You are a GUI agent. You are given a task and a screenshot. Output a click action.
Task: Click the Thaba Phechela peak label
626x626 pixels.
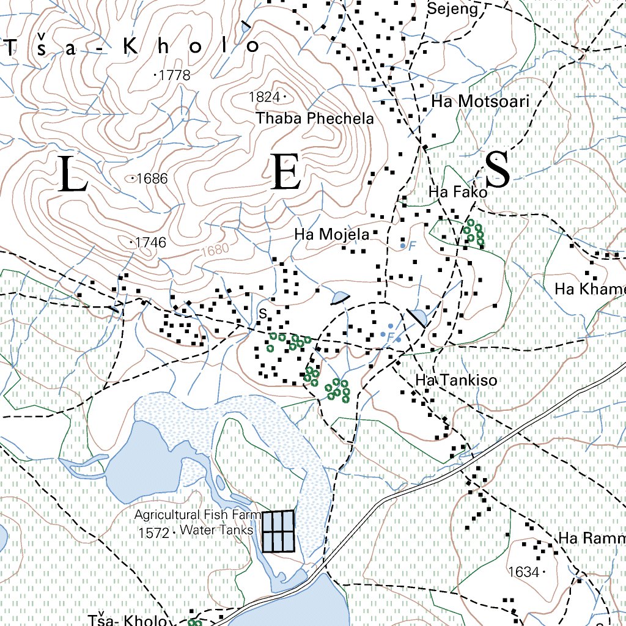tap(315, 118)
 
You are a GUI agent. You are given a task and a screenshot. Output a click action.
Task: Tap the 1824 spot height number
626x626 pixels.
tap(264, 97)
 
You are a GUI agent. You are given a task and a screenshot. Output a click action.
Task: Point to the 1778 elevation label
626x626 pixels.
tap(174, 76)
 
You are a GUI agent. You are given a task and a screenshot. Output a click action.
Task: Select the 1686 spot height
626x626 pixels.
tap(153, 179)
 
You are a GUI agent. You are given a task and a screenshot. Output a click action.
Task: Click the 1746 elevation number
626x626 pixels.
tap(151, 243)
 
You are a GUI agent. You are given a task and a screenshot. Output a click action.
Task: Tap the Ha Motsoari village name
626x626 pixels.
tap(480, 101)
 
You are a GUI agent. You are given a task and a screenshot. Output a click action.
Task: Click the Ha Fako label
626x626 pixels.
tap(458, 193)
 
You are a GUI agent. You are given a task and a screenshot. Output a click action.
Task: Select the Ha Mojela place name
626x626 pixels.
tap(331, 234)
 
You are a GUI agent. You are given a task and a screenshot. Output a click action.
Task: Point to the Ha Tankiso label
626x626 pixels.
tap(456, 380)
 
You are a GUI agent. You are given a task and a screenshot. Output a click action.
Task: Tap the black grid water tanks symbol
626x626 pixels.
tap(278, 531)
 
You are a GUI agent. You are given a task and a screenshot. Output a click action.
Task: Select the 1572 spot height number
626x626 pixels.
tap(153, 532)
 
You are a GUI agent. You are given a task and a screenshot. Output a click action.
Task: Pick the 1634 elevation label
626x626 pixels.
tap(523, 572)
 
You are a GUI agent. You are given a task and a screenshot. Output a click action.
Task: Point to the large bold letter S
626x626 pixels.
tap(498, 170)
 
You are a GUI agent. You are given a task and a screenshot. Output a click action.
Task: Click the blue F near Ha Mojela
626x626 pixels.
tap(411, 246)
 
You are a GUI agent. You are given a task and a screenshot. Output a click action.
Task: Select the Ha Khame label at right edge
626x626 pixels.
tap(589, 289)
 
